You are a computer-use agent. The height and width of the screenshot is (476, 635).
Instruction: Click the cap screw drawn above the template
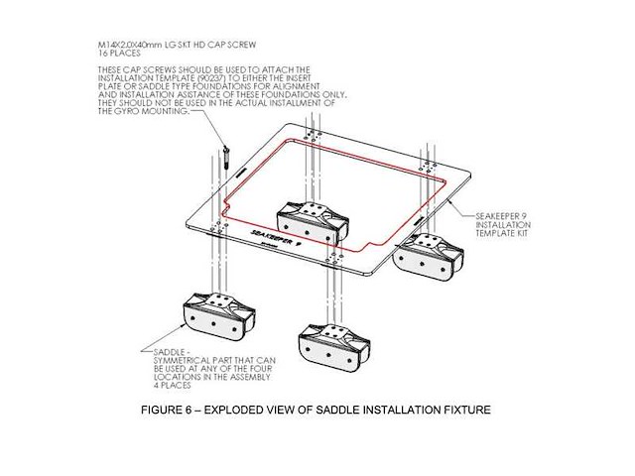point(225,154)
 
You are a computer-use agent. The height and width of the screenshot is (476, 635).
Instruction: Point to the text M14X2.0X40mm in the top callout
point(131,46)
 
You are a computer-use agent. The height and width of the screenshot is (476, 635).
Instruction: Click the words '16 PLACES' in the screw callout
point(118,54)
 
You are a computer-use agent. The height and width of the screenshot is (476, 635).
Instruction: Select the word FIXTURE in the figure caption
point(464,410)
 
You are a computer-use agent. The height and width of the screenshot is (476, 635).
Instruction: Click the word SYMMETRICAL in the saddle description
point(192,360)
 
